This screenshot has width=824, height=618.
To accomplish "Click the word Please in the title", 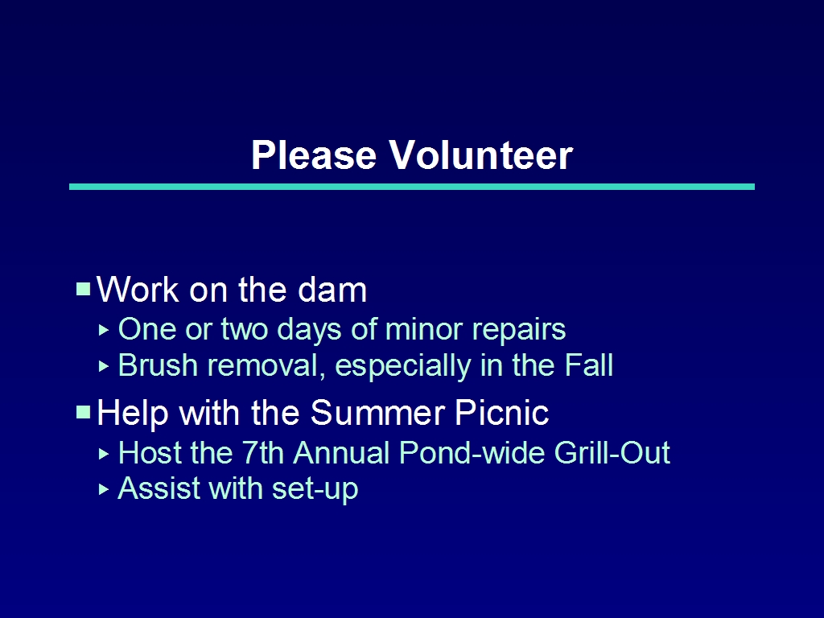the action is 314,155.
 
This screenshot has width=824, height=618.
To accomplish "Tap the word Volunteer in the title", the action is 481,155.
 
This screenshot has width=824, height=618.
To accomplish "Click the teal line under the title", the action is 412,187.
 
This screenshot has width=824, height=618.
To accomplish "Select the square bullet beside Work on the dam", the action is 84,290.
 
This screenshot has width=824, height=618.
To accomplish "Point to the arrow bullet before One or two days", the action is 104,331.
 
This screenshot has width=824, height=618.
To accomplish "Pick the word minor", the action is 423,329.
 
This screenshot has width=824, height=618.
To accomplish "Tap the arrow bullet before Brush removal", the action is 104,366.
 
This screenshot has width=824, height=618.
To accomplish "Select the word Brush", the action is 158,365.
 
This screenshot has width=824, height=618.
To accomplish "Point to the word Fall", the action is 588,365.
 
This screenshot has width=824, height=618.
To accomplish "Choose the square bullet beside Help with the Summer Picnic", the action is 84,412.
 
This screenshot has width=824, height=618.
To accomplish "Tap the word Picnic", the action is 502,413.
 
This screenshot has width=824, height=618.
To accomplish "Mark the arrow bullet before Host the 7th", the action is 104,454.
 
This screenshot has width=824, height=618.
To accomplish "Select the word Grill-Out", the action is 612,453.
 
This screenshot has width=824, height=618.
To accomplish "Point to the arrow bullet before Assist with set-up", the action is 104,490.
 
